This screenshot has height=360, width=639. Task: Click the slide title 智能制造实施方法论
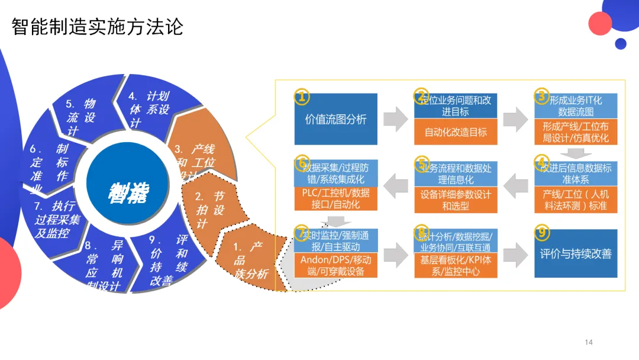(x=98, y=27)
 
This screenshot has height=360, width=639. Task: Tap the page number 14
(x=588, y=342)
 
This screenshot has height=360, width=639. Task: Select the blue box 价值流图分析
(x=335, y=119)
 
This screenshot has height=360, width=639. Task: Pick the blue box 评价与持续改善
(x=576, y=254)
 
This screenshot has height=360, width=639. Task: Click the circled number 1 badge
(x=302, y=96)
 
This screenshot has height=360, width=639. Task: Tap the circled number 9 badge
(x=541, y=232)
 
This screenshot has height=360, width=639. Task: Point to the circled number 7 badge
(x=302, y=232)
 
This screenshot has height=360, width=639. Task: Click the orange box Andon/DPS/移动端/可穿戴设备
(x=335, y=266)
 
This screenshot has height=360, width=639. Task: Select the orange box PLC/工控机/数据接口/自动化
(x=335, y=199)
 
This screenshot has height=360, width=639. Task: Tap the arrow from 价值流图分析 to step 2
(x=395, y=119)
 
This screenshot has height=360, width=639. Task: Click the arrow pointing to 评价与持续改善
(x=516, y=254)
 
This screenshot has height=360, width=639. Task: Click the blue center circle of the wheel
(x=128, y=189)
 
